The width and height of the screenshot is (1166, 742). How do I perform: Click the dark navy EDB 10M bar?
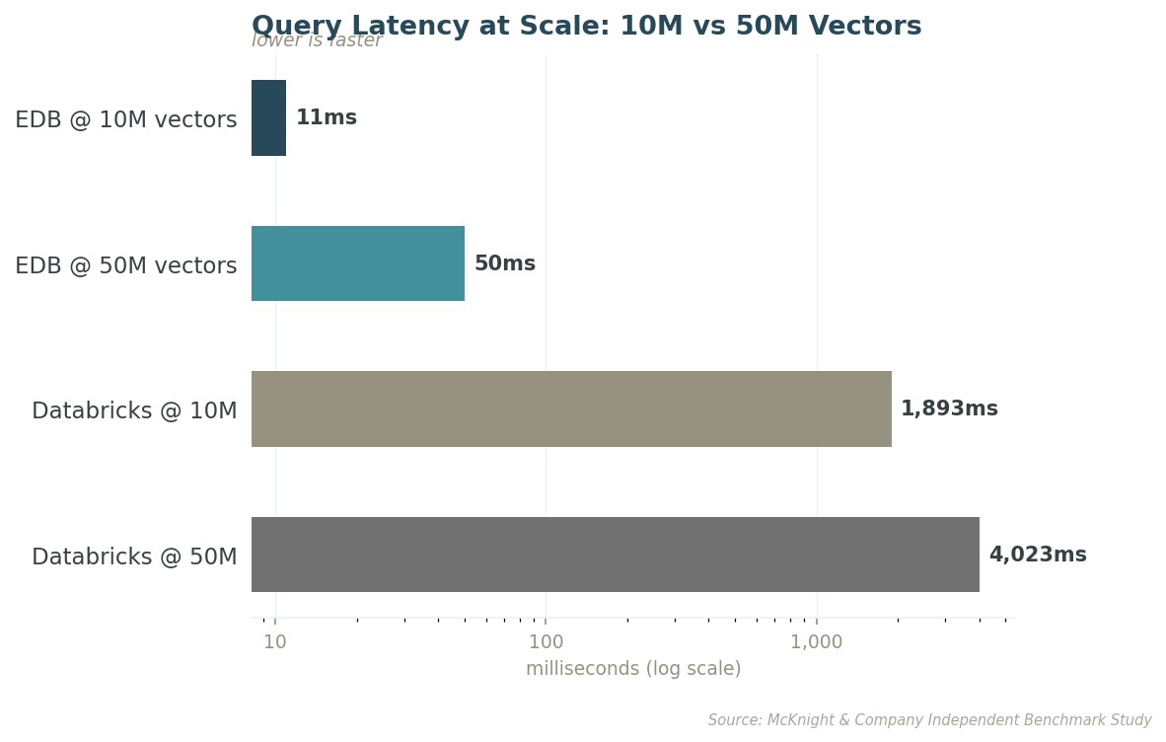(x=268, y=118)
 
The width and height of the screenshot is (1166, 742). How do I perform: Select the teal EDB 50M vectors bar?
(x=358, y=263)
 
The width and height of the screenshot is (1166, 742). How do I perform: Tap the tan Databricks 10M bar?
(x=571, y=408)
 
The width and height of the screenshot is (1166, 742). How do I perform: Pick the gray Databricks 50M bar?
(x=615, y=555)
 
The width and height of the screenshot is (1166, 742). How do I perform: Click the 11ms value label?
(x=327, y=117)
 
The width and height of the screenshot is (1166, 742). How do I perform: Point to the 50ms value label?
(x=505, y=263)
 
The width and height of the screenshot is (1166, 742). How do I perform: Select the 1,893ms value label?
(x=950, y=408)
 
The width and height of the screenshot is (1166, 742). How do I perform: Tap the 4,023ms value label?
(x=1038, y=555)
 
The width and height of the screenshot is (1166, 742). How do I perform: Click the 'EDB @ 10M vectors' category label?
(x=125, y=119)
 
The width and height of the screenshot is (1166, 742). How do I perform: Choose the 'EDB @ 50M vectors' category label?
(x=125, y=264)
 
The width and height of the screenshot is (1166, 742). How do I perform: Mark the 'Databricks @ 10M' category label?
(x=134, y=410)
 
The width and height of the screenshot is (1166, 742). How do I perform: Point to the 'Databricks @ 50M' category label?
(x=134, y=556)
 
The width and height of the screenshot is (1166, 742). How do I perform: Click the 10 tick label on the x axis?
(x=275, y=641)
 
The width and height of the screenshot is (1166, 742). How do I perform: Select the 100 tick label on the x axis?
(x=546, y=641)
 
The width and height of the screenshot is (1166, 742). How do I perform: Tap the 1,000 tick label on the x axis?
(x=817, y=641)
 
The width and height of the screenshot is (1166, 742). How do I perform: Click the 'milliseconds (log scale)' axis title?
(x=633, y=668)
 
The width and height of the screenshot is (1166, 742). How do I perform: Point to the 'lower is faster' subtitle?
(x=317, y=40)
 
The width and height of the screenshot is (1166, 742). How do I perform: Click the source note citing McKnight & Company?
(x=929, y=719)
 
